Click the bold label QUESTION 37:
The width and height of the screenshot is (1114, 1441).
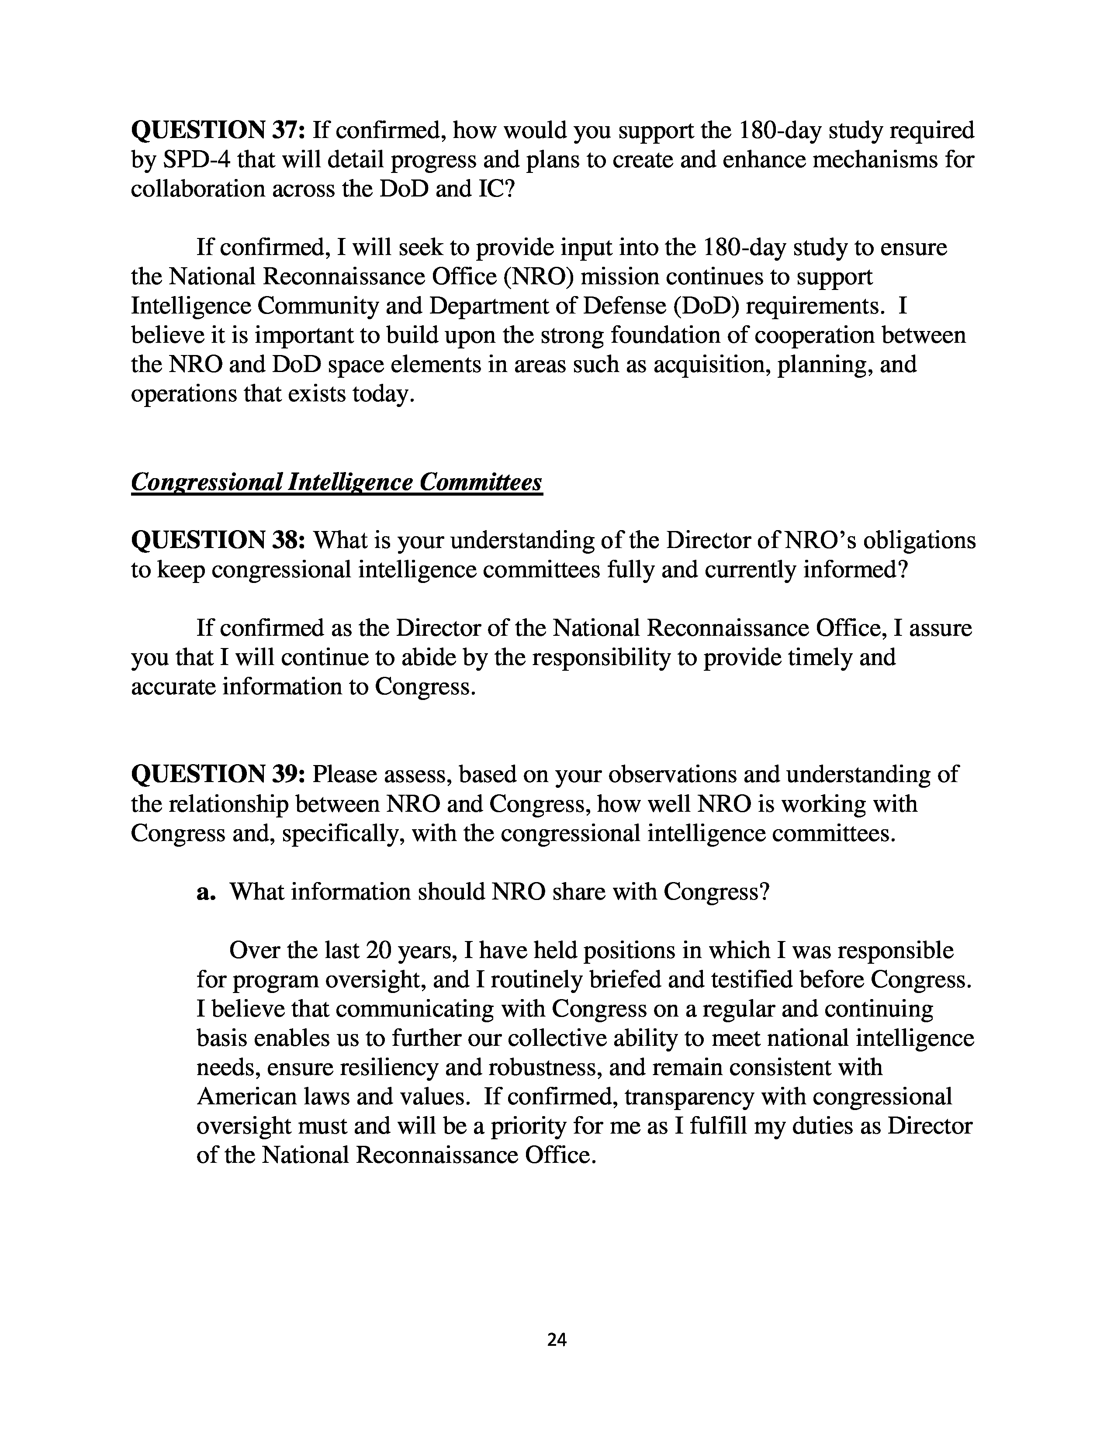(218, 131)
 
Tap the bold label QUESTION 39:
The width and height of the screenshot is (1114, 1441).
(218, 774)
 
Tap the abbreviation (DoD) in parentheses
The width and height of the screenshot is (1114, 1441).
(706, 306)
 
